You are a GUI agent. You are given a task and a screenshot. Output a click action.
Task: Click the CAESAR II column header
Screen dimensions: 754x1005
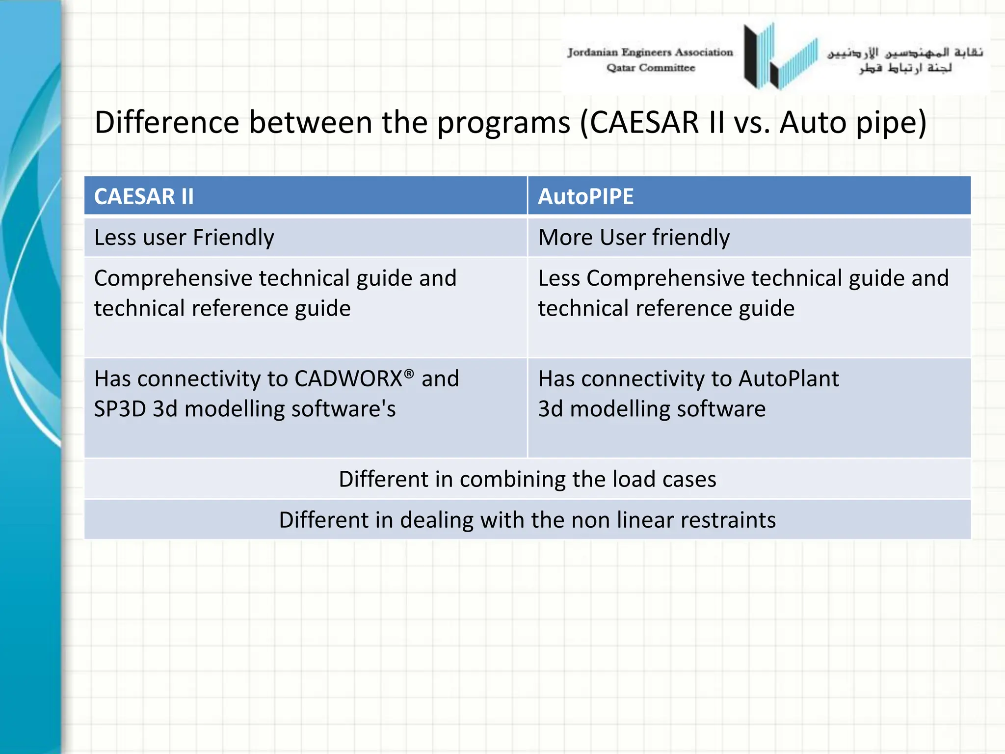pos(144,196)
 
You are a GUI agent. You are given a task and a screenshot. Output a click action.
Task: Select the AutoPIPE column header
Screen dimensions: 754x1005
pos(585,196)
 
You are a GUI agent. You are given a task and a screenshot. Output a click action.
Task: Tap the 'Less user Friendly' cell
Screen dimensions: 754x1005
pos(184,238)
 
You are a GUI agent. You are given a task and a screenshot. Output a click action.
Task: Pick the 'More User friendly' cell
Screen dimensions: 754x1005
pos(634,238)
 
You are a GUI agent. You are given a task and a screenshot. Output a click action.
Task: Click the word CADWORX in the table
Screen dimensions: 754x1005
pos(348,379)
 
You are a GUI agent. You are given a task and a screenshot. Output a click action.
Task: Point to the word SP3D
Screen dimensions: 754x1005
pos(120,409)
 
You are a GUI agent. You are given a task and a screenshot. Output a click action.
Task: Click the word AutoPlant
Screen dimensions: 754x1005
pos(788,379)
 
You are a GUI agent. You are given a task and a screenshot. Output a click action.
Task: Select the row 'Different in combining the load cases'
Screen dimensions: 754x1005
pos(527,479)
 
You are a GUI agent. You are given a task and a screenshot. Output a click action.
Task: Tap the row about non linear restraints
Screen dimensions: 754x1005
pos(527,520)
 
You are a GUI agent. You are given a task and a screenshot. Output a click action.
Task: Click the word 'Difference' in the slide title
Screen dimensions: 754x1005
pos(167,122)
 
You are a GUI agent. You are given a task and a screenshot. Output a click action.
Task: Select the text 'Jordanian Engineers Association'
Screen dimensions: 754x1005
pos(650,52)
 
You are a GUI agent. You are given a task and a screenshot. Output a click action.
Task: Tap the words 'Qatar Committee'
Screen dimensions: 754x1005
pos(650,68)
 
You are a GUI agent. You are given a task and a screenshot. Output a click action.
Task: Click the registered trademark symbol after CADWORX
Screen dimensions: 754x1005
pos(409,374)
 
